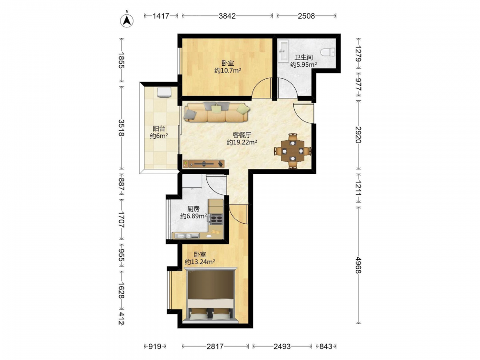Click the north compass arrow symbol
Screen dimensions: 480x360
(x=126, y=21)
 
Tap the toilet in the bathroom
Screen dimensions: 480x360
(x=327, y=52)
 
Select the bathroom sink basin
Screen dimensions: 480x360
(x=283, y=50)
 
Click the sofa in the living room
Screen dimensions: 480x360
(x=217, y=112)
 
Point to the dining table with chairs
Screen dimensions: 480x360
(x=293, y=151)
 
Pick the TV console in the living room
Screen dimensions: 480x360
(x=204, y=164)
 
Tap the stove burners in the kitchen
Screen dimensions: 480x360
(x=216, y=219)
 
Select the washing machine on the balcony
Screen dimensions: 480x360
(x=164, y=92)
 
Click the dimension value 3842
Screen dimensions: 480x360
(x=227, y=16)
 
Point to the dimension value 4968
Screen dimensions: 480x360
(x=359, y=265)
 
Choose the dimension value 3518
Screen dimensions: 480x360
(x=121, y=128)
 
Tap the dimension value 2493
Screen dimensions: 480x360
(x=282, y=346)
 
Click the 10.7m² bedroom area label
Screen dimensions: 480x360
(x=228, y=71)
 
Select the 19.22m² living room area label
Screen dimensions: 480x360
(x=241, y=142)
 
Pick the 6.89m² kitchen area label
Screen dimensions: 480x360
(x=193, y=216)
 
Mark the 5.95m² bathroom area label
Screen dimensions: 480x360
(x=303, y=65)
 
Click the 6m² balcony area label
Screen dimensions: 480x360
(x=158, y=136)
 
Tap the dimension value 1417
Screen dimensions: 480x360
(x=161, y=16)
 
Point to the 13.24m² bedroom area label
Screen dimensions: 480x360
(x=200, y=262)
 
